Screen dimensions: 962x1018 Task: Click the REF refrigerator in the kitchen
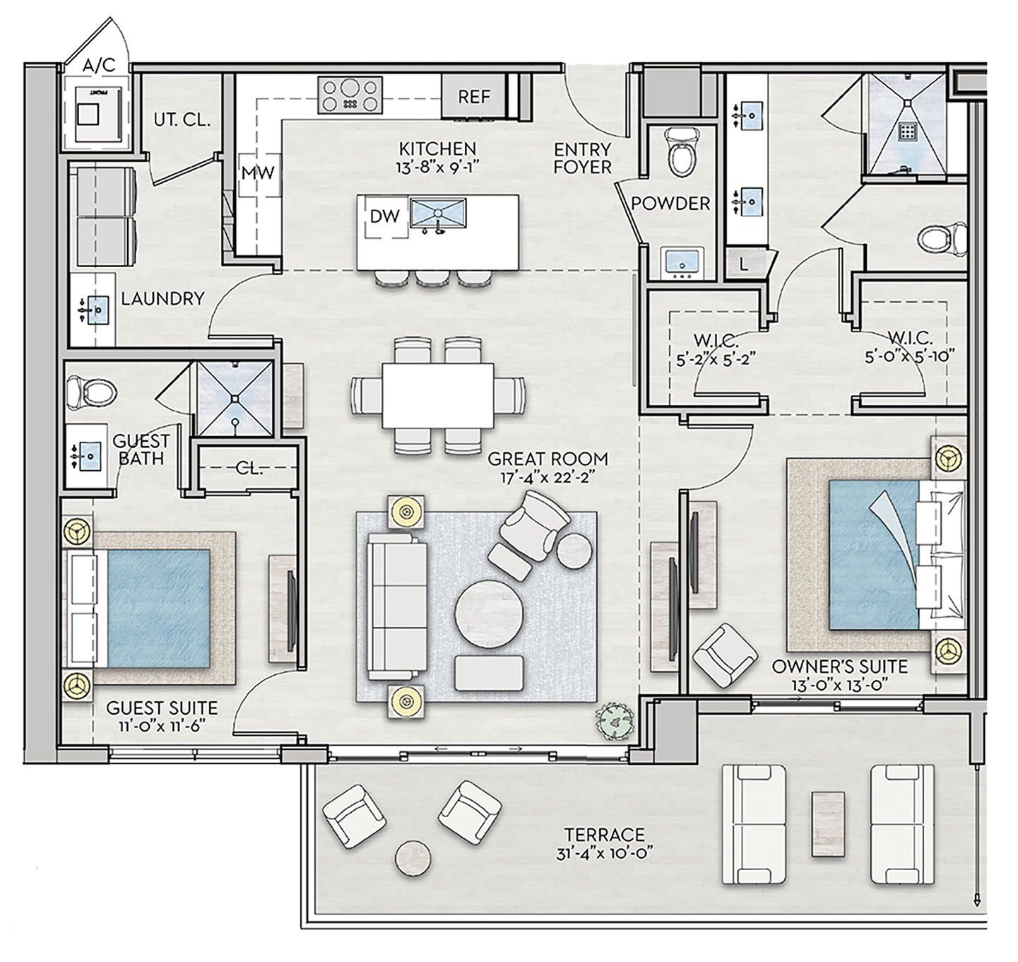[473, 96]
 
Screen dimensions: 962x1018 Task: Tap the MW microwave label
[258, 173]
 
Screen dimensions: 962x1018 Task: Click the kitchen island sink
[438, 214]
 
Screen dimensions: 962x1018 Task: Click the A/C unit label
[97, 66]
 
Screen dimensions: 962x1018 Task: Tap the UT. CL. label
[182, 119]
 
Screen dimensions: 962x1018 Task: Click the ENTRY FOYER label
[582, 158]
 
